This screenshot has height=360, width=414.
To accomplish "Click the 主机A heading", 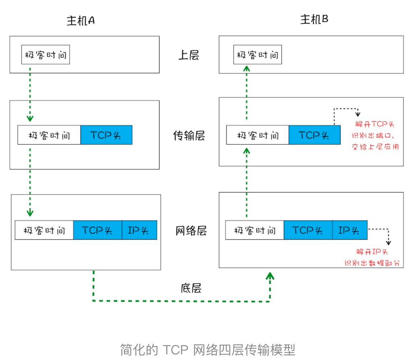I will [x=81, y=21].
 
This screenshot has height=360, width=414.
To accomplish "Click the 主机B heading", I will [x=314, y=19].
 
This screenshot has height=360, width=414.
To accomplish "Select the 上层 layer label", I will [x=189, y=55].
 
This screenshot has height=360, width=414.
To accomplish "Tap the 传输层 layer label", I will [x=189, y=135].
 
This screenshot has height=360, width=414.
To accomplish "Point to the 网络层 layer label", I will [x=191, y=231].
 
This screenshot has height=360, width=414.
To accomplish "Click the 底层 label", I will [x=190, y=288].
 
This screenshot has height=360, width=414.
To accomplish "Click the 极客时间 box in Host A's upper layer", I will [x=46, y=55].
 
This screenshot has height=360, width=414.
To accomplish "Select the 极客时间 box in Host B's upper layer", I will [x=258, y=55].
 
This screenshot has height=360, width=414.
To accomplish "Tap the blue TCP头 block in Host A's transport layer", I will [x=106, y=135].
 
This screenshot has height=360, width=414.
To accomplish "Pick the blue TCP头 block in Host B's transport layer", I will [x=315, y=135].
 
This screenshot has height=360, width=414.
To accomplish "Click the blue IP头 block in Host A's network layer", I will [x=139, y=230].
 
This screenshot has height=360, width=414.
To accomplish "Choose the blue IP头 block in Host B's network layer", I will [x=350, y=230].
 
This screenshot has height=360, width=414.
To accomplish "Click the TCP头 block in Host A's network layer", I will [x=97, y=230].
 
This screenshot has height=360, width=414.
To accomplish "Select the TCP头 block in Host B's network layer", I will [x=308, y=230].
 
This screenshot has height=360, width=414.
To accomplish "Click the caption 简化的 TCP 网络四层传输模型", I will [x=207, y=349].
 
